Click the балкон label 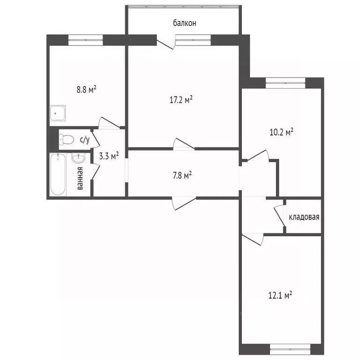pos(184,22)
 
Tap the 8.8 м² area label pos(87,89)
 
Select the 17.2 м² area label pos(181,100)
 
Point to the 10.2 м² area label pos(281,132)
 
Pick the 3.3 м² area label pos(108,156)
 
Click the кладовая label pos(304,217)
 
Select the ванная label pos(80,178)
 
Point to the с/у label pos(85,139)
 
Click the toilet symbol pos(67,139)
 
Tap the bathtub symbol pos(59,174)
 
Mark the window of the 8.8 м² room pos(85,40)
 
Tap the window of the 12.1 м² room pos(290,350)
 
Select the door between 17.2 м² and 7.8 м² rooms pos(183,144)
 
